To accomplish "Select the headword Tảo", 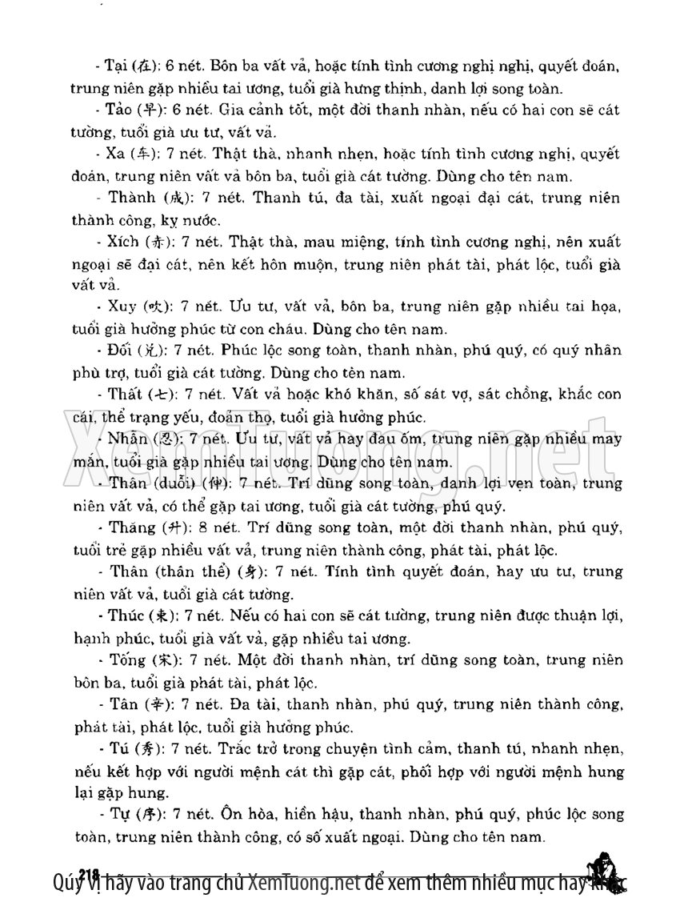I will point(118,110).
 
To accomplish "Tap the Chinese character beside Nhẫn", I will point(162,439).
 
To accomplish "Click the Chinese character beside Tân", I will point(156,704).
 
